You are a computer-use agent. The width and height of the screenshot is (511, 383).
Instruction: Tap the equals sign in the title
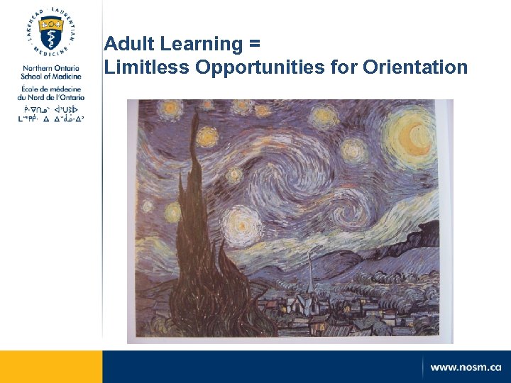point(255,45)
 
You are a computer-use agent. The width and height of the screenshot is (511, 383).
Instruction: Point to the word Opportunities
point(263,68)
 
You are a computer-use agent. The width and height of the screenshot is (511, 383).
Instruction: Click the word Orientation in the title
point(415,67)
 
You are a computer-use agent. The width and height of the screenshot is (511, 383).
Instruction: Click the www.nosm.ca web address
point(465,367)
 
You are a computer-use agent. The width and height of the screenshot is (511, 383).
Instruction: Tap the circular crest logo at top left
point(50,31)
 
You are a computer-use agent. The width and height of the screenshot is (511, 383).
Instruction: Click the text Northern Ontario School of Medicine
point(50,72)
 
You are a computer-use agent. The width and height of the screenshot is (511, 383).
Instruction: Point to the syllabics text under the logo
point(50,114)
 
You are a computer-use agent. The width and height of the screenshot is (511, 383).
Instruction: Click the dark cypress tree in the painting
point(206,255)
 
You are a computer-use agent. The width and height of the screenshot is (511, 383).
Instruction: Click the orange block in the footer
point(50,367)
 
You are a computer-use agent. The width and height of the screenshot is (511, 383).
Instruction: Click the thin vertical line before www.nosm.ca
point(423,367)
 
